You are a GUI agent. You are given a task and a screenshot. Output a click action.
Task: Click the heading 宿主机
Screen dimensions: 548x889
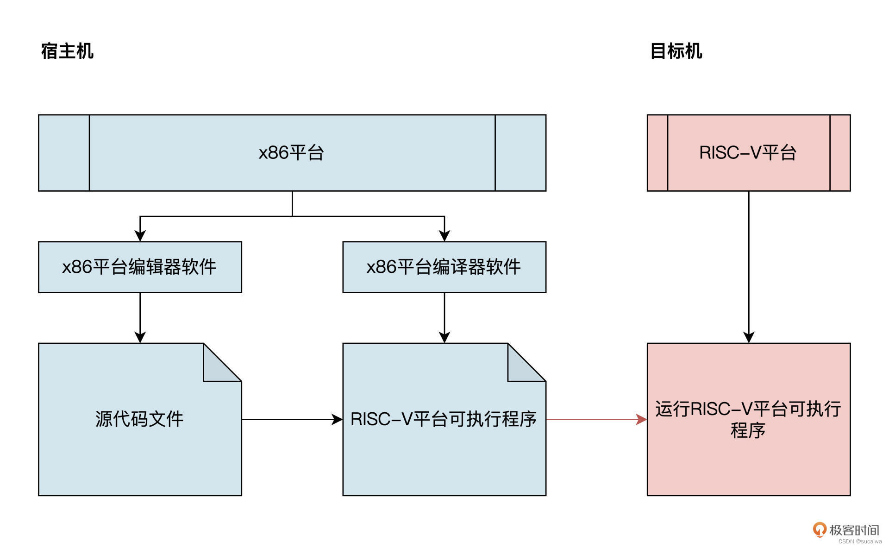pos(67,51)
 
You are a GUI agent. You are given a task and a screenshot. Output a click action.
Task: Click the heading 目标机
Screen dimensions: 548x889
pos(676,51)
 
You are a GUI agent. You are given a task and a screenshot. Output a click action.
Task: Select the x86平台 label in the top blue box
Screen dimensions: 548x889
pos(291,153)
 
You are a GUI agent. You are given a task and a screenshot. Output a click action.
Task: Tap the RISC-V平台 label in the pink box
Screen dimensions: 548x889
pos(748,153)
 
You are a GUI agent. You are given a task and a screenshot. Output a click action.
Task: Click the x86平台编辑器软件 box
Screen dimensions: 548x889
pos(140,267)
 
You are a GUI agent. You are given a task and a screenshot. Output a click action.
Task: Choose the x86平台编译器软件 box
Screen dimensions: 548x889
pos(444,267)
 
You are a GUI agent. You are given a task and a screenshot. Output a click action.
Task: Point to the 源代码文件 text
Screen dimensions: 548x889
pos(139,419)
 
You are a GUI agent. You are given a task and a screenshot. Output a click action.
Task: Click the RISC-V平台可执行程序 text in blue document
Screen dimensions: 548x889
pos(443,419)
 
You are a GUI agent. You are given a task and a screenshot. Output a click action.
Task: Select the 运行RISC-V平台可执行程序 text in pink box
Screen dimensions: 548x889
pos(748,419)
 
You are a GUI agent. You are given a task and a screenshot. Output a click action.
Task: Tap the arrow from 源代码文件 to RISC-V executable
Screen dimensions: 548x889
pos(292,419)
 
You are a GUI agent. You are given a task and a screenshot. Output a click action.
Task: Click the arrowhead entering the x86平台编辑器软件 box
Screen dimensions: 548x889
pos(140,235)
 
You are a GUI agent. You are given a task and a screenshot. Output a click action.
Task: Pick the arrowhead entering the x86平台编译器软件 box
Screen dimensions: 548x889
pos(444,235)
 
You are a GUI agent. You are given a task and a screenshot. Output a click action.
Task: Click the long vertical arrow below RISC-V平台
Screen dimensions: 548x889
pos(749,264)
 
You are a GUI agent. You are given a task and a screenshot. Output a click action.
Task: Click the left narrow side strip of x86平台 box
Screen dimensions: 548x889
pos(64,153)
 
